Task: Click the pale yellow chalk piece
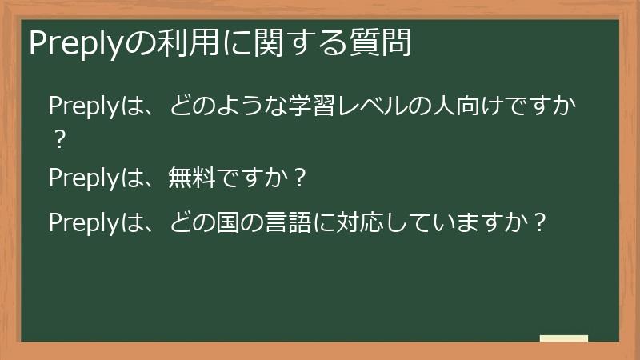564,338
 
